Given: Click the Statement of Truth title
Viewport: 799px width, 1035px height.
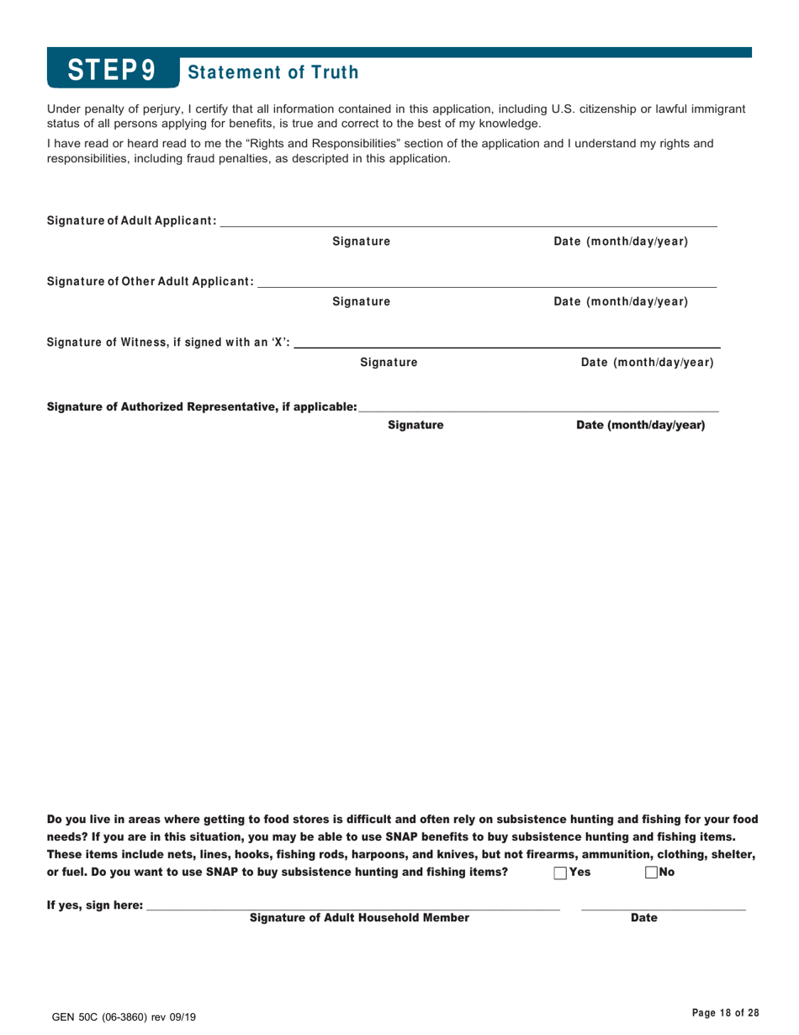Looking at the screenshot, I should [x=274, y=72].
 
